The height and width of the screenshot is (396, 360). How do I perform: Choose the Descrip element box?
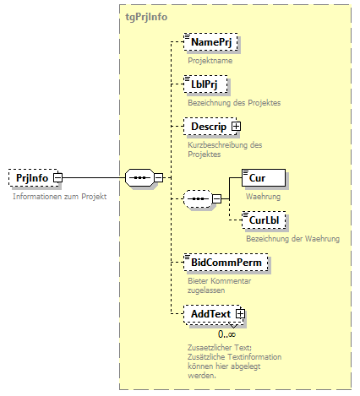point(208,127)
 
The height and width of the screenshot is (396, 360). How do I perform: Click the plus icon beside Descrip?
point(237,127)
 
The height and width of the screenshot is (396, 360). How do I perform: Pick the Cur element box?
point(263,177)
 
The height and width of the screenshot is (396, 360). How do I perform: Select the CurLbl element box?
point(265,220)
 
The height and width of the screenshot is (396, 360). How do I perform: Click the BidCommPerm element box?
point(227,263)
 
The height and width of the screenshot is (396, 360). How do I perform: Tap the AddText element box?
point(210,314)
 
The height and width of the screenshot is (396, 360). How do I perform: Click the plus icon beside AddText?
point(240,314)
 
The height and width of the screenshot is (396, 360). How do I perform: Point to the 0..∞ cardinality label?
point(226,334)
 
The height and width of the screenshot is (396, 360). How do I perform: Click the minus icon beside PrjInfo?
point(57,178)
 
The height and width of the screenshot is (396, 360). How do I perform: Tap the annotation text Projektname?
point(210,61)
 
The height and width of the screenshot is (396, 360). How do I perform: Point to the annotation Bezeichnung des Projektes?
point(233,103)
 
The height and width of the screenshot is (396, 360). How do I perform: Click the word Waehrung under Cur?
point(262,196)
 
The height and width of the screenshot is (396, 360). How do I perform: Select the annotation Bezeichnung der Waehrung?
point(292,239)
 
